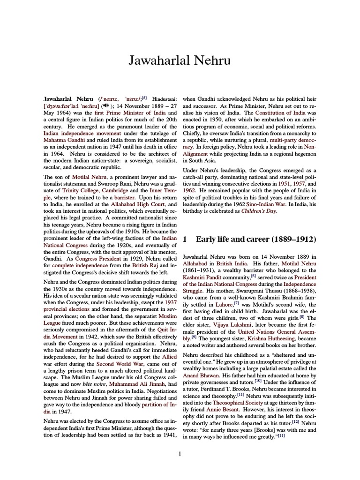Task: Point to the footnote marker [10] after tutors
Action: click(x=258, y=382)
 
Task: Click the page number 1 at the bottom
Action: click(x=180, y=453)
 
